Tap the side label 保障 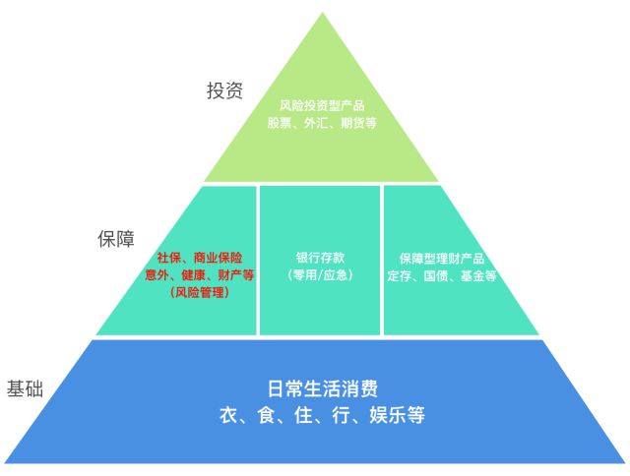coord(115,239)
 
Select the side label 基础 coord(25,387)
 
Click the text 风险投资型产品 coord(322,104)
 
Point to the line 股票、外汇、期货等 coord(322,123)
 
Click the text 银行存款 coord(320,256)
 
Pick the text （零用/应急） coord(320,275)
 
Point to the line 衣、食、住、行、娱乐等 coord(322,415)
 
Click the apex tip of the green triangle coord(321,14)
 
